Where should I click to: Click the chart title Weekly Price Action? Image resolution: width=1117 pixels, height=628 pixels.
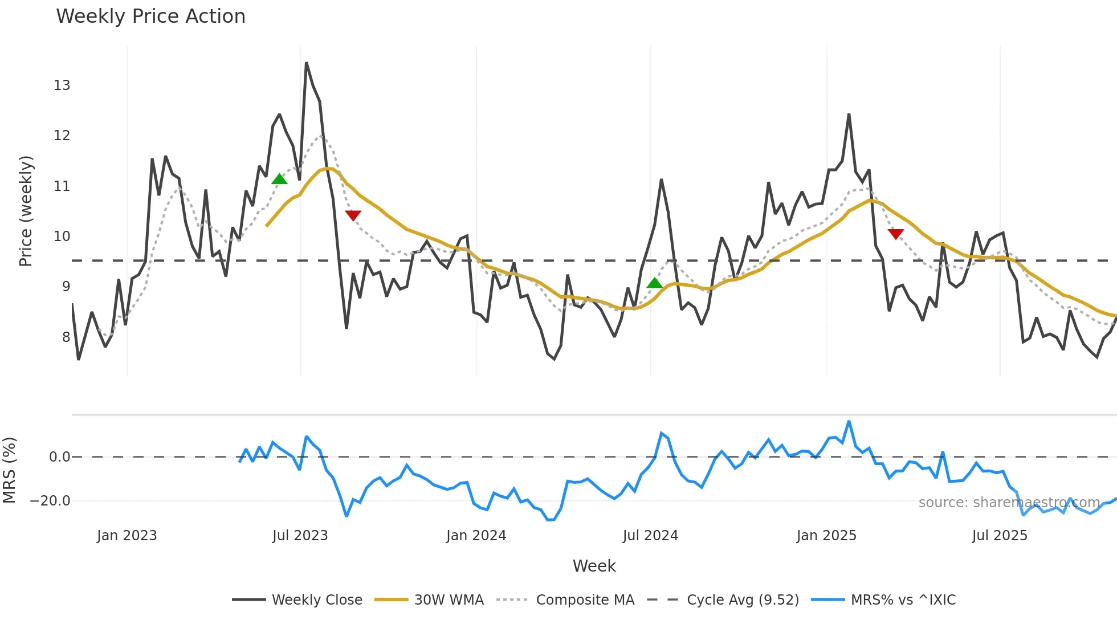click(150, 17)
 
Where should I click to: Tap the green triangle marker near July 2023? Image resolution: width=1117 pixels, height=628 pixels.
click(279, 179)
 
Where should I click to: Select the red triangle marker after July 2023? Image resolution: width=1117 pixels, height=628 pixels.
click(353, 215)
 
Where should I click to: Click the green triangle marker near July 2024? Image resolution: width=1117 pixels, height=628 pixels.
click(654, 283)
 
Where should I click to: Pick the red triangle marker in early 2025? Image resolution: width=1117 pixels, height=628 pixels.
click(895, 234)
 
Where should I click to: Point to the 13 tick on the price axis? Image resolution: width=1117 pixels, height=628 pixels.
click(62, 85)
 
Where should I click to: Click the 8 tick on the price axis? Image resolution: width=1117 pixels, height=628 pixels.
click(66, 337)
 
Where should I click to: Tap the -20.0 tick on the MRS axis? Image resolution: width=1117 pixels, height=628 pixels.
click(50, 501)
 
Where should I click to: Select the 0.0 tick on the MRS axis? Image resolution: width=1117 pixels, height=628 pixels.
click(59, 457)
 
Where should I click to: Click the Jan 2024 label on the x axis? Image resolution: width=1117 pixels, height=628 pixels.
click(476, 536)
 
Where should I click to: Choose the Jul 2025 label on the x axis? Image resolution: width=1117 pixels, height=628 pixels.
click(1000, 536)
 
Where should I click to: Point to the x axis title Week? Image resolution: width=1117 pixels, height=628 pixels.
click(594, 566)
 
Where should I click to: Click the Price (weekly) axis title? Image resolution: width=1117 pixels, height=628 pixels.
click(26, 211)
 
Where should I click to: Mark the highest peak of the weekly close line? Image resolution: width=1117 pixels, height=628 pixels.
click(306, 63)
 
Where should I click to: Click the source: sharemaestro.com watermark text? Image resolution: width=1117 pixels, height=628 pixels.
click(1009, 503)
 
